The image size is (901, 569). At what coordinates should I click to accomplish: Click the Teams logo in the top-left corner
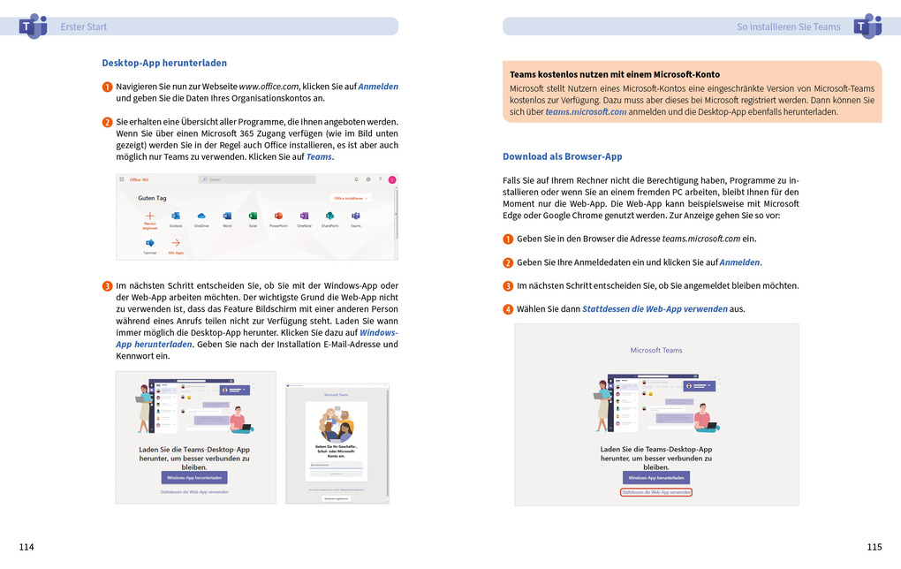click(x=32, y=26)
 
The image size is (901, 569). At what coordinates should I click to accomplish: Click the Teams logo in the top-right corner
click(x=867, y=26)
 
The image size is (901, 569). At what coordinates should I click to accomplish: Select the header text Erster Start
click(x=84, y=27)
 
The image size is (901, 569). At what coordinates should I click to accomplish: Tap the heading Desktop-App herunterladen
click(x=164, y=63)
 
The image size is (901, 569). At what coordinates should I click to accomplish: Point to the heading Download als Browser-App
click(x=562, y=156)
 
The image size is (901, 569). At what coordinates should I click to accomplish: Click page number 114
click(x=26, y=547)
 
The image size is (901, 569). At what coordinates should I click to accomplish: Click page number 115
click(x=874, y=547)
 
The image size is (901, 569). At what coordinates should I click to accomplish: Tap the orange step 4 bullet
click(x=508, y=309)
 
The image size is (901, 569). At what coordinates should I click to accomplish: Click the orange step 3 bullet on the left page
click(x=107, y=286)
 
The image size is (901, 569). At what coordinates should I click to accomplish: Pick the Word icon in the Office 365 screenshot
click(x=227, y=216)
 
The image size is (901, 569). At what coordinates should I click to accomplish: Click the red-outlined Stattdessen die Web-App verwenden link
click(x=656, y=491)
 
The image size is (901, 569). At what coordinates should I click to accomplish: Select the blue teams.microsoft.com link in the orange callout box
click(x=586, y=112)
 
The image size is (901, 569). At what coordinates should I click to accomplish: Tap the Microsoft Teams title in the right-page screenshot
click(x=656, y=350)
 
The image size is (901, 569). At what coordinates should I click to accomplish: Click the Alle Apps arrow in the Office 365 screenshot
click(x=176, y=244)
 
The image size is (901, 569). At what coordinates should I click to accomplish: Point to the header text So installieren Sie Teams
click(x=788, y=27)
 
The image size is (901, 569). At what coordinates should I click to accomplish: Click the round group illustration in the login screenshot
click(x=336, y=425)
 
